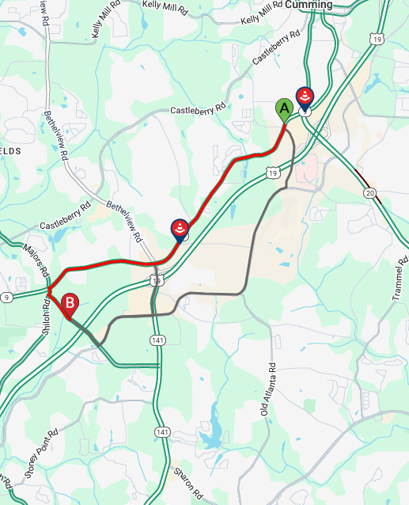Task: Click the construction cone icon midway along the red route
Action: click(x=180, y=230)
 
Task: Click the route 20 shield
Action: click(x=370, y=192)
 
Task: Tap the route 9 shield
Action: click(x=6, y=297)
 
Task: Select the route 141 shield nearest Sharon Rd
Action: click(x=162, y=431)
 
